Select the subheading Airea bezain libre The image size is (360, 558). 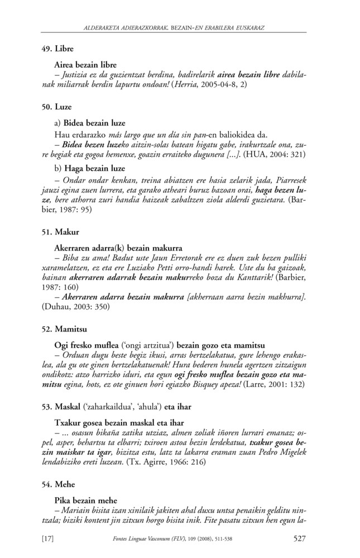[x=85, y=65]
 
